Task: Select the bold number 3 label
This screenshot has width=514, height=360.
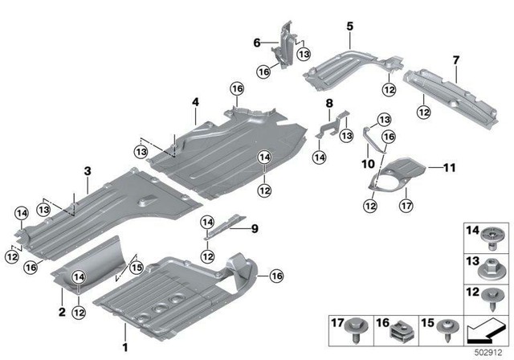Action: pyautogui.click(x=87, y=170)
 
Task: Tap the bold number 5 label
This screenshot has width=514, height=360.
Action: pyautogui.click(x=349, y=27)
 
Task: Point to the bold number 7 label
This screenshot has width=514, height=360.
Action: pyautogui.click(x=455, y=59)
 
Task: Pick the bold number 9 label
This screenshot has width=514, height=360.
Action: pyautogui.click(x=255, y=229)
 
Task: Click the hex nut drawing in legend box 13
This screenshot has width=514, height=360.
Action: pyautogui.click(x=491, y=265)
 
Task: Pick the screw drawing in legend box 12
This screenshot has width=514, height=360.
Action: pyautogui.click(x=491, y=297)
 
